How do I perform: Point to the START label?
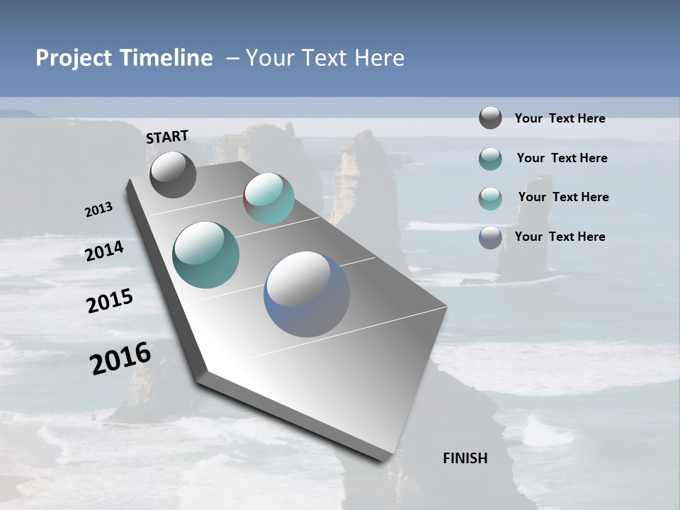click(167, 137)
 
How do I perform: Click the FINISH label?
click(465, 458)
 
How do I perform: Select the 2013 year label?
click(98, 210)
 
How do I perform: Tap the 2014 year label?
click(104, 251)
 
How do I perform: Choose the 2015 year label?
click(109, 301)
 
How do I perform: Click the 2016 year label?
click(120, 358)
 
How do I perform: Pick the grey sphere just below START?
click(173, 174)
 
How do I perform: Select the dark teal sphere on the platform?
click(205, 255)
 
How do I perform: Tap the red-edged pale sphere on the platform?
click(269, 198)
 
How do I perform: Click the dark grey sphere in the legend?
click(490, 118)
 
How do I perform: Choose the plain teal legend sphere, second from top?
click(490, 158)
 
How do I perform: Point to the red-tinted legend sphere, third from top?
click(490, 198)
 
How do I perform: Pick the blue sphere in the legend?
click(490, 237)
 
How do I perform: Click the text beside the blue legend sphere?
click(560, 237)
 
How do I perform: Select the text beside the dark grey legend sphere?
click(560, 118)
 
